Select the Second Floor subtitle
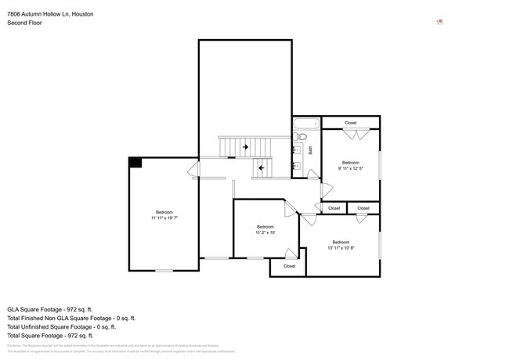pos(25,23)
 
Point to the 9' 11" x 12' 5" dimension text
pos(350,168)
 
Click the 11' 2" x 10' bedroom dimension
pos(265,232)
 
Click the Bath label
pos(311,149)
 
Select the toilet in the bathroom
pos(299,136)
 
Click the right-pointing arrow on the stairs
pos(245,146)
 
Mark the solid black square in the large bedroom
pos(135,162)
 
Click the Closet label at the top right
pos(350,123)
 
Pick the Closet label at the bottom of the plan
pos(289,266)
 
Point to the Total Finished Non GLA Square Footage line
pos(71,319)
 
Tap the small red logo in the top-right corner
pos(439,22)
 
